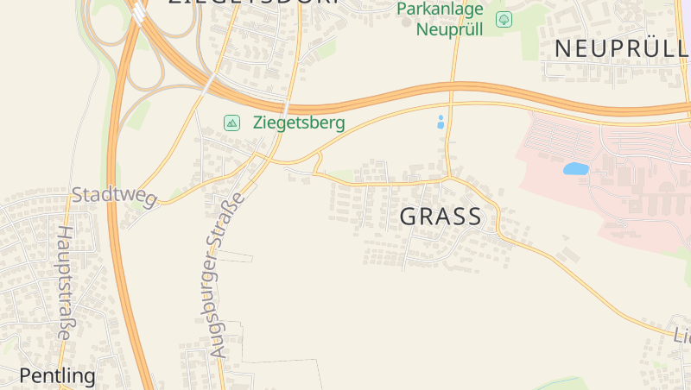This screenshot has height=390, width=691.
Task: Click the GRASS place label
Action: click(x=441, y=217)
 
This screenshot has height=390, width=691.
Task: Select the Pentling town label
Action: click(x=57, y=375)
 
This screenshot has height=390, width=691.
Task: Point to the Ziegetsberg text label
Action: click(x=299, y=123)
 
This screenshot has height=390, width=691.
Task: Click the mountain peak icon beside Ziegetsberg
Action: click(x=231, y=123)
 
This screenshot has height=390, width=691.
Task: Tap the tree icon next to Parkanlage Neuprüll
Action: click(x=504, y=19)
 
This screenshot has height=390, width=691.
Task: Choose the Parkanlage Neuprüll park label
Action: click(x=440, y=18)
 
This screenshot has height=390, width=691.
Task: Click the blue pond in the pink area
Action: click(x=575, y=169)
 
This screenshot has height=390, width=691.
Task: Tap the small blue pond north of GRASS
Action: click(x=441, y=122)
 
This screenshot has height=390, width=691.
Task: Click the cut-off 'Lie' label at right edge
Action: click(x=681, y=334)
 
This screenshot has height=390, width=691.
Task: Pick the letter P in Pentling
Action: click(x=25, y=375)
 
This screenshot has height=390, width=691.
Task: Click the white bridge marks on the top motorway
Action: click(x=139, y=12)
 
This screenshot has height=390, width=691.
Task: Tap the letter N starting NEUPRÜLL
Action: click(x=562, y=49)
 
